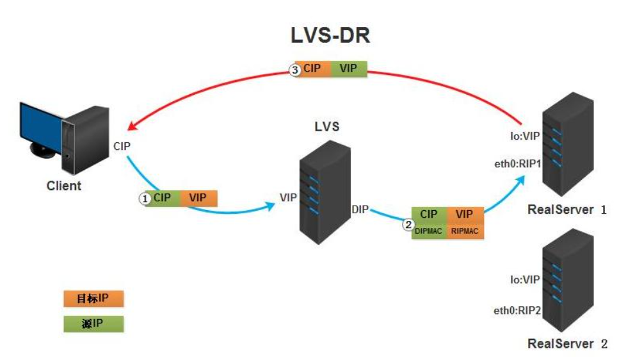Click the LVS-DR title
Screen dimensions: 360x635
coord(330,37)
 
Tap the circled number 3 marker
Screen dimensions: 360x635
coord(295,70)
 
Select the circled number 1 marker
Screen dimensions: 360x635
coord(145,199)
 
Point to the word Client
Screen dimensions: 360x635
coord(64,186)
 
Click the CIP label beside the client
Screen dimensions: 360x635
coord(122,147)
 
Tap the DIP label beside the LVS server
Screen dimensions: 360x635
coord(360,209)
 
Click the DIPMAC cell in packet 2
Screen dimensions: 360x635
coord(428,231)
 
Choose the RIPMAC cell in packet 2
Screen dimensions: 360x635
coord(465,231)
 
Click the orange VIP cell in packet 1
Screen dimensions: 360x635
coord(198,198)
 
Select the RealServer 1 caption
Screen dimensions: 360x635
coord(567,209)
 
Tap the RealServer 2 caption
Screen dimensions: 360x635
coord(567,344)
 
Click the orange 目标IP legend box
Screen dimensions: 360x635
coord(93,299)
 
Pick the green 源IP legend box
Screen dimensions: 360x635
coord(93,323)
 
